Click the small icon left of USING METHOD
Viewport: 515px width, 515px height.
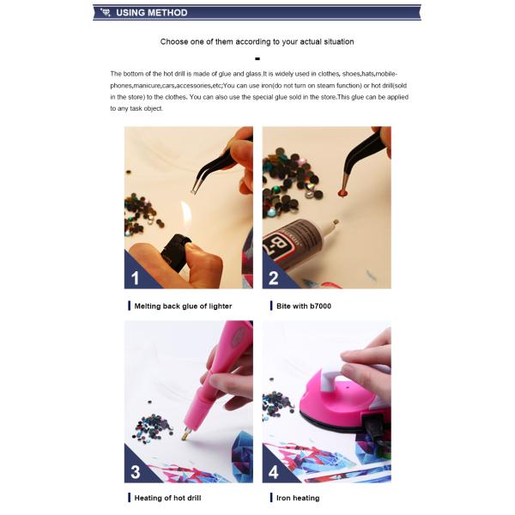coord(105,13)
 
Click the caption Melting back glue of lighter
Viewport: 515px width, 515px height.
coord(183,306)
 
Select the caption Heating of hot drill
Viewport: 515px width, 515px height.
coord(167,498)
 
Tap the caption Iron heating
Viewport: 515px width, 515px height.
coord(298,498)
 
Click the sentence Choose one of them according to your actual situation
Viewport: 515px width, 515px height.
coord(257,41)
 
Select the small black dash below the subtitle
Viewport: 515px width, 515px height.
coord(257,58)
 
